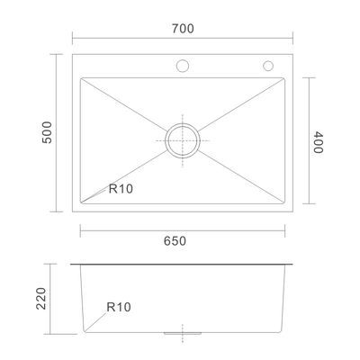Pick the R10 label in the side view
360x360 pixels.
point(117,307)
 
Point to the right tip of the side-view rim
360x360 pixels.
point(296,265)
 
